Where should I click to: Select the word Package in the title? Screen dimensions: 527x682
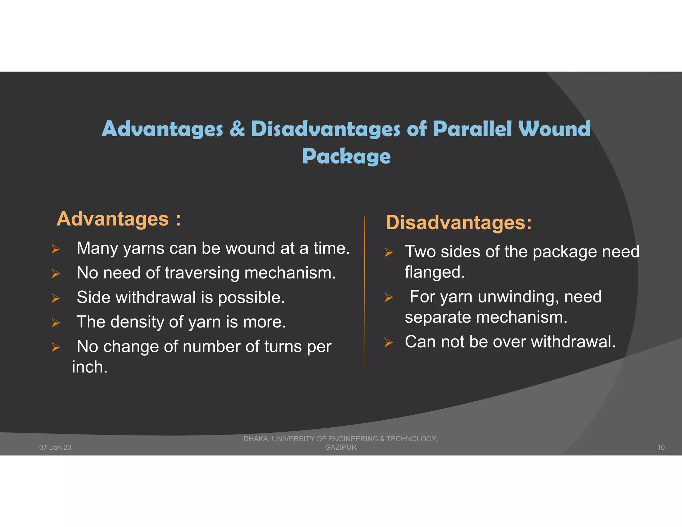(346, 156)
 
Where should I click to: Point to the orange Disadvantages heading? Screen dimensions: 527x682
(458, 223)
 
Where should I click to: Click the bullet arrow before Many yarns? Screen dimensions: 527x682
(56, 249)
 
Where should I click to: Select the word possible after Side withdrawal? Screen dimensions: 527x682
(251, 297)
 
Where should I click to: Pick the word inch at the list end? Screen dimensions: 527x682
(89, 367)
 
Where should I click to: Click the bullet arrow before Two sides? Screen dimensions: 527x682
(388, 252)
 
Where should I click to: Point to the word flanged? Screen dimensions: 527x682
(434, 272)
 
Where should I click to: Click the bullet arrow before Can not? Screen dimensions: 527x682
(388, 342)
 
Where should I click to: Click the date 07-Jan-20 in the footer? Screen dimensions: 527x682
(55, 447)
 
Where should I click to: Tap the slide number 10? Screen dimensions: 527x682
(661, 447)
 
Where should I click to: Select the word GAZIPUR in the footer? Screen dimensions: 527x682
(341, 447)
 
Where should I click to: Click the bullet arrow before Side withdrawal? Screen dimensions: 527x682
(56, 298)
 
